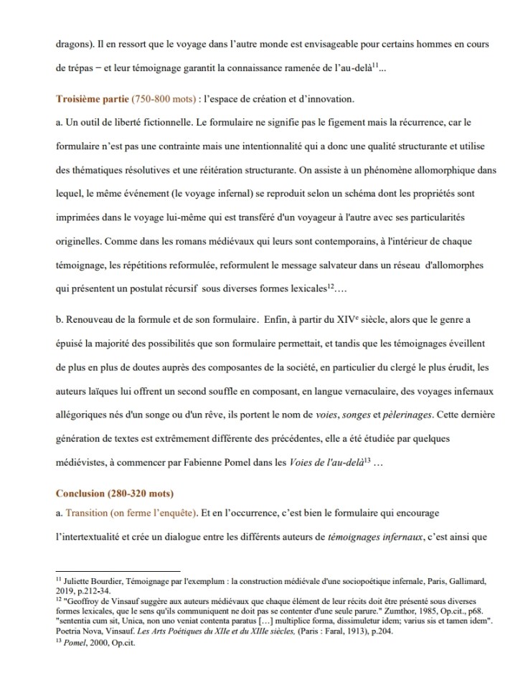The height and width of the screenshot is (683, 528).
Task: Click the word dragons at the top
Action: point(72,44)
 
